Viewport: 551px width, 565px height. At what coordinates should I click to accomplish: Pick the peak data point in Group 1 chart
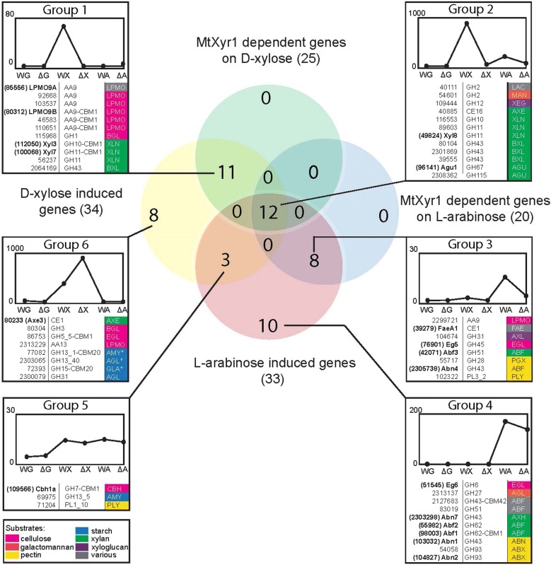(x=64, y=27)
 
